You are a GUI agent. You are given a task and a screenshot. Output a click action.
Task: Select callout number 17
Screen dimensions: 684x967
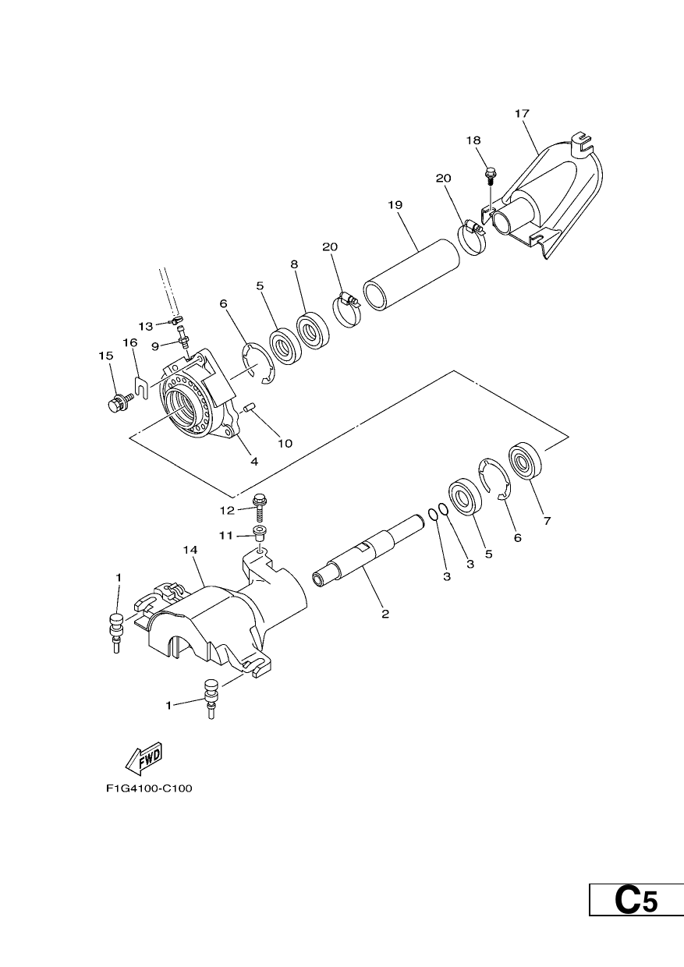(x=522, y=114)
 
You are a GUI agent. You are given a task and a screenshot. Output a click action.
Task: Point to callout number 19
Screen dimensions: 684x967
(x=395, y=204)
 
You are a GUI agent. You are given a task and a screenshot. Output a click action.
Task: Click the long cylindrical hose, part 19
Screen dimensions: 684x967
(x=411, y=275)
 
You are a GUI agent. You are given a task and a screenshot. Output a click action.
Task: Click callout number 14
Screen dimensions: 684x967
(x=190, y=550)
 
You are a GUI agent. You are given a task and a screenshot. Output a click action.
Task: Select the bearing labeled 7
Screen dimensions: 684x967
(x=525, y=461)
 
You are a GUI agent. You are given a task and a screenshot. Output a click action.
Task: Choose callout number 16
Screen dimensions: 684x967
(x=130, y=343)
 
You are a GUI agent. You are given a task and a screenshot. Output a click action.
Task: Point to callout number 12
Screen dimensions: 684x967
(x=227, y=511)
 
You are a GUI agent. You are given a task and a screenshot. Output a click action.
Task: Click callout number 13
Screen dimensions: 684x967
(x=146, y=326)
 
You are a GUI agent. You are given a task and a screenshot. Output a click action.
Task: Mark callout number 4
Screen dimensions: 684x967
(x=254, y=462)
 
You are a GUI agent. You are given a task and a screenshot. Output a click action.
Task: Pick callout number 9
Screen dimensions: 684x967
(x=155, y=345)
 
